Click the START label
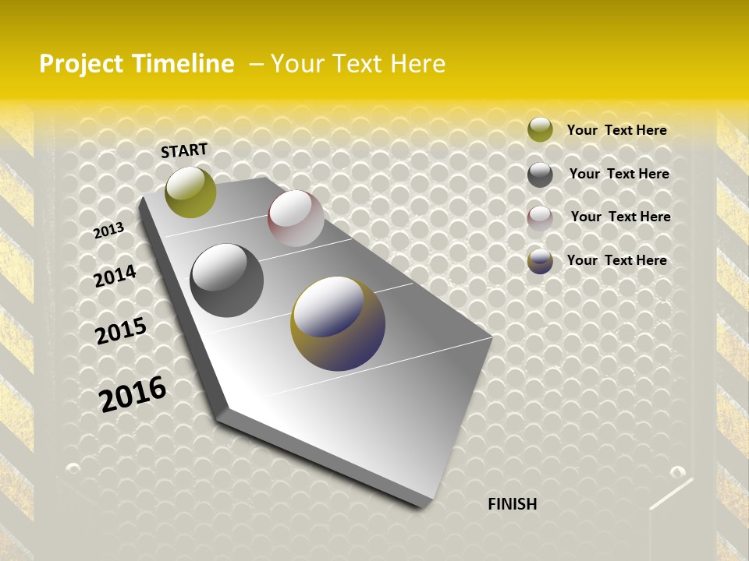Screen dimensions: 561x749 pos(184,150)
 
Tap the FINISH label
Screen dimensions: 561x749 pos(513,504)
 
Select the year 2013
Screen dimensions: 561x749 pos(109,230)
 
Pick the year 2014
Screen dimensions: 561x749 pos(115,276)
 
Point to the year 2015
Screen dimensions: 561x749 pos(121,331)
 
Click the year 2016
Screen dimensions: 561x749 pos(133,393)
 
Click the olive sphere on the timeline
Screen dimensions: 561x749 pos(190,192)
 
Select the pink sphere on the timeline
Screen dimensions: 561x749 pos(296,218)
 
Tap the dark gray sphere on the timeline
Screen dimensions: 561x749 pos(226,280)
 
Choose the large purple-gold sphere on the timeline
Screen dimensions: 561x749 pos(338,323)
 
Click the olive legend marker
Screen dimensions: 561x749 pos(540,130)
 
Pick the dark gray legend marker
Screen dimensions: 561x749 pos(540,175)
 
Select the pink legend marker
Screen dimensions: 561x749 pos(540,217)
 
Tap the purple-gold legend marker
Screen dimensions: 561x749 pos(540,261)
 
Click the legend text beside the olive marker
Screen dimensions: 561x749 pos(616,130)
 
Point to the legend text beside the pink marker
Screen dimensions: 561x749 pos(620,217)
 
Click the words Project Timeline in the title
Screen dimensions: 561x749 pos(137,64)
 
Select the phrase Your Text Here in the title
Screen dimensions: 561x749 pos(358,64)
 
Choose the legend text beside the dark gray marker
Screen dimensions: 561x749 pos(619,174)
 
